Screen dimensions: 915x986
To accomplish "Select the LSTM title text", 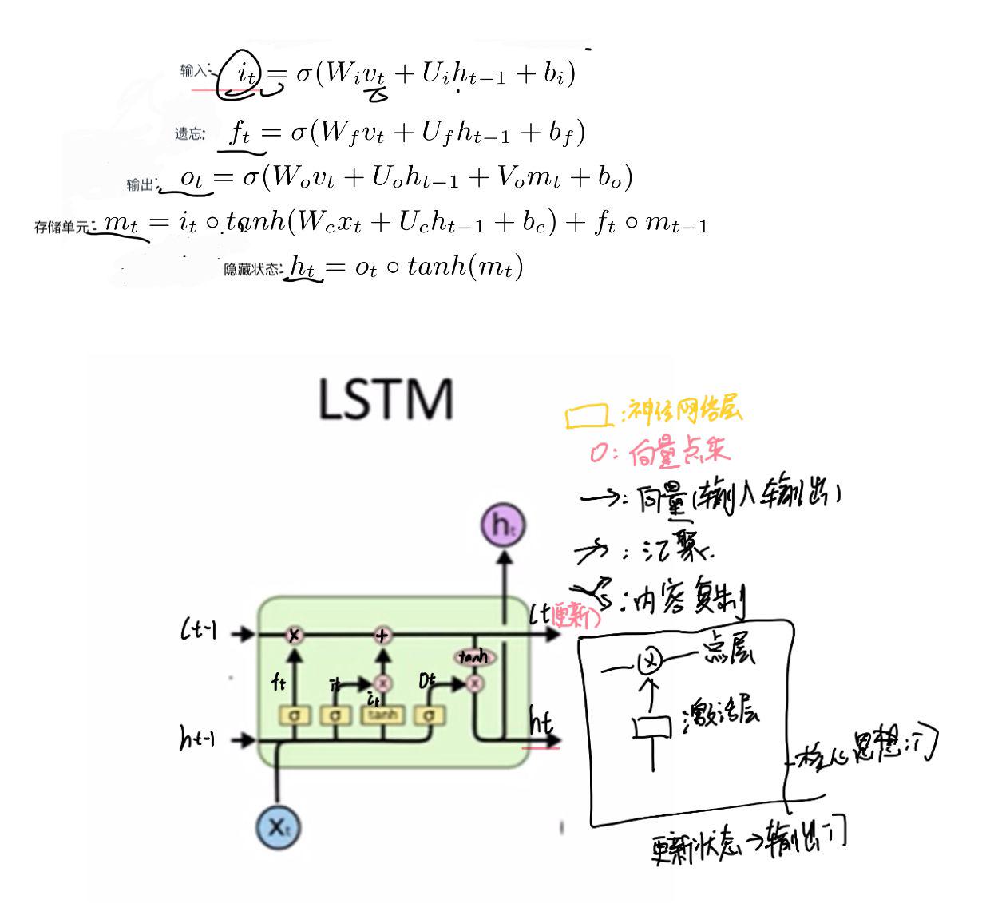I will click(386, 399).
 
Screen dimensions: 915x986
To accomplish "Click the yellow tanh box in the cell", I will click(383, 715).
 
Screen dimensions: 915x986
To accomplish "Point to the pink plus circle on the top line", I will click(383, 635).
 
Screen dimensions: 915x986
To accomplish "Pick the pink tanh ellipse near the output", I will click(473, 657).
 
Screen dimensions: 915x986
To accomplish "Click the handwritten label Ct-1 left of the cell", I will click(198, 632).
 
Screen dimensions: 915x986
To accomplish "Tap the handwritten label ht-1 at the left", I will click(197, 739).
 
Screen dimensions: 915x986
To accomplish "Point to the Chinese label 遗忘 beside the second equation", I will click(189, 134).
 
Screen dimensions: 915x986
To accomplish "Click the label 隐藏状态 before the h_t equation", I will click(251, 270).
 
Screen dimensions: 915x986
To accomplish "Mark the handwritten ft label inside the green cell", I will click(279, 683).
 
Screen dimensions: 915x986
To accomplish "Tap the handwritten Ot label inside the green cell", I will click(428, 681).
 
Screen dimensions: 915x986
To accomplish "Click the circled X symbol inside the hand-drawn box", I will click(651, 661).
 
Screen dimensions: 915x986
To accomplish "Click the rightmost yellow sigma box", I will click(429, 715).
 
